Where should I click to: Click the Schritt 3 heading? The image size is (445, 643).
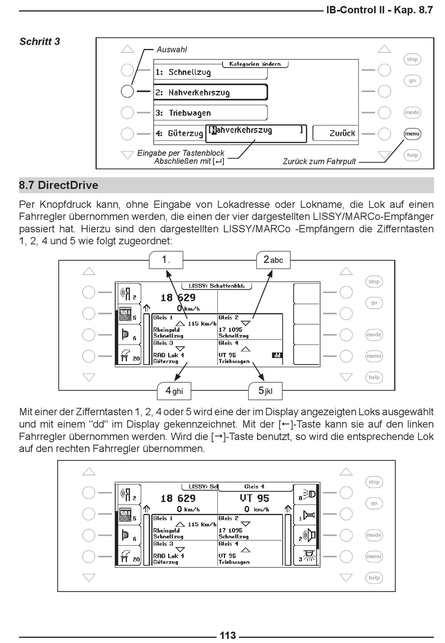click(x=40, y=42)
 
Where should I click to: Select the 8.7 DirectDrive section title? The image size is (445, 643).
click(x=59, y=185)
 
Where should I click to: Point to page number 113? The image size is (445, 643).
click(x=228, y=635)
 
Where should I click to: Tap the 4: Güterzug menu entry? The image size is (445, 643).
click(x=179, y=133)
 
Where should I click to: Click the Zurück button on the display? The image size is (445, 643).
click(x=342, y=133)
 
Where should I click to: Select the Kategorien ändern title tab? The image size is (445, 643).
click(x=255, y=64)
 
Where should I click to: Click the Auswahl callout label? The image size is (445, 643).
click(x=171, y=50)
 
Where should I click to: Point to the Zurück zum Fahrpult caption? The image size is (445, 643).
click(x=319, y=161)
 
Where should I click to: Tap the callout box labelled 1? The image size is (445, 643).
click(x=166, y=260)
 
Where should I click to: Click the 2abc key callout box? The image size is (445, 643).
click(x=273, y=260)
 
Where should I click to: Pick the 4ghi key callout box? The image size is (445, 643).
click(x=174, y=391)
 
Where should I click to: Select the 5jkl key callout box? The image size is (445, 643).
click(x=265, y=391)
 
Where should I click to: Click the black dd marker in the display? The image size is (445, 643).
click(x=277, y=355)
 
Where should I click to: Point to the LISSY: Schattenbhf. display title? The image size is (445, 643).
click(x=219, y=285)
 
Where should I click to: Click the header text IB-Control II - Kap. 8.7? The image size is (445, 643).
click(x=379, y=10)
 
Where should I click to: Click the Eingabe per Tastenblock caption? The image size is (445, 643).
click(x=180, y=153)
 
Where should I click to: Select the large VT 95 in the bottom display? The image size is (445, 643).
click(x=254, y=498)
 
